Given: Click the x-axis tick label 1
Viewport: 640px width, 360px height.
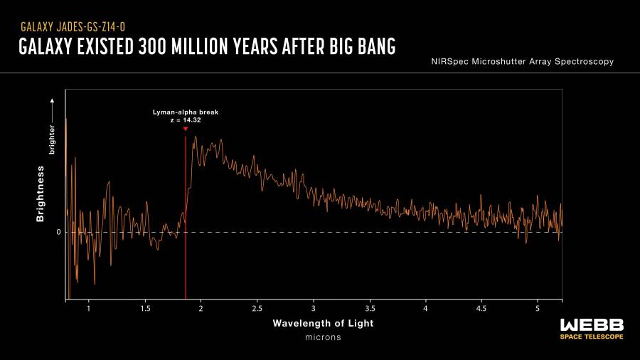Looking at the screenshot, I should (x=88, y=309).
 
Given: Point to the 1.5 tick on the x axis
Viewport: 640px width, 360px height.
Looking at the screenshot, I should (x=145, y=309).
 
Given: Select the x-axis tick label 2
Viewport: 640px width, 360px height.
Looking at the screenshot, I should (x=201, y=309).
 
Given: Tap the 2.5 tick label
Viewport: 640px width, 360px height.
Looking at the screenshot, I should (x=257, y=309).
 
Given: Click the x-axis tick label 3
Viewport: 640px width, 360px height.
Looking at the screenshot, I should (x=314, y=309).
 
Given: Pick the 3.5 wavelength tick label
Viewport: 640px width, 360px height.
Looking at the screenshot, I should (x=370, y=309).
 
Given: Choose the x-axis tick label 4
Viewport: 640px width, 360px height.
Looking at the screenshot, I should (x=425, y=309).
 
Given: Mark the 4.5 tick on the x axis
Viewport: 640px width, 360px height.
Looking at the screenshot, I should (x=481, y=309).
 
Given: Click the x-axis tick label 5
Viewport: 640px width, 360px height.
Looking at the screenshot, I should (x=538, y=309).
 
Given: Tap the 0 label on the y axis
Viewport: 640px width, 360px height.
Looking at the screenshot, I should (x=59, y=233).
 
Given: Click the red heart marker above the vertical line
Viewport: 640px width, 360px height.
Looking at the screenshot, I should (x=186, y=129).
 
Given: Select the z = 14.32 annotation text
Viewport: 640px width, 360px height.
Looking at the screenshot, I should (x=186, y=120).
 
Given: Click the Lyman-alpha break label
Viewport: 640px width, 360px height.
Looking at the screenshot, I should (x=186, y=112).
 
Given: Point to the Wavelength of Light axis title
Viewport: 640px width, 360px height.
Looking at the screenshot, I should (x=323, y=324).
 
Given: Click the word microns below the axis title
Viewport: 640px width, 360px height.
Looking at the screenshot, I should (x=323, y=337).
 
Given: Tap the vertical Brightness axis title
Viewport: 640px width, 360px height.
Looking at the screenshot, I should (x=41, y=194).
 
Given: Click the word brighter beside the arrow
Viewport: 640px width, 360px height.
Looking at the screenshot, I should (x=51, y=140).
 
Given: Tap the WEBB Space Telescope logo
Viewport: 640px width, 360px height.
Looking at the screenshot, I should (x=591, y=328).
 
